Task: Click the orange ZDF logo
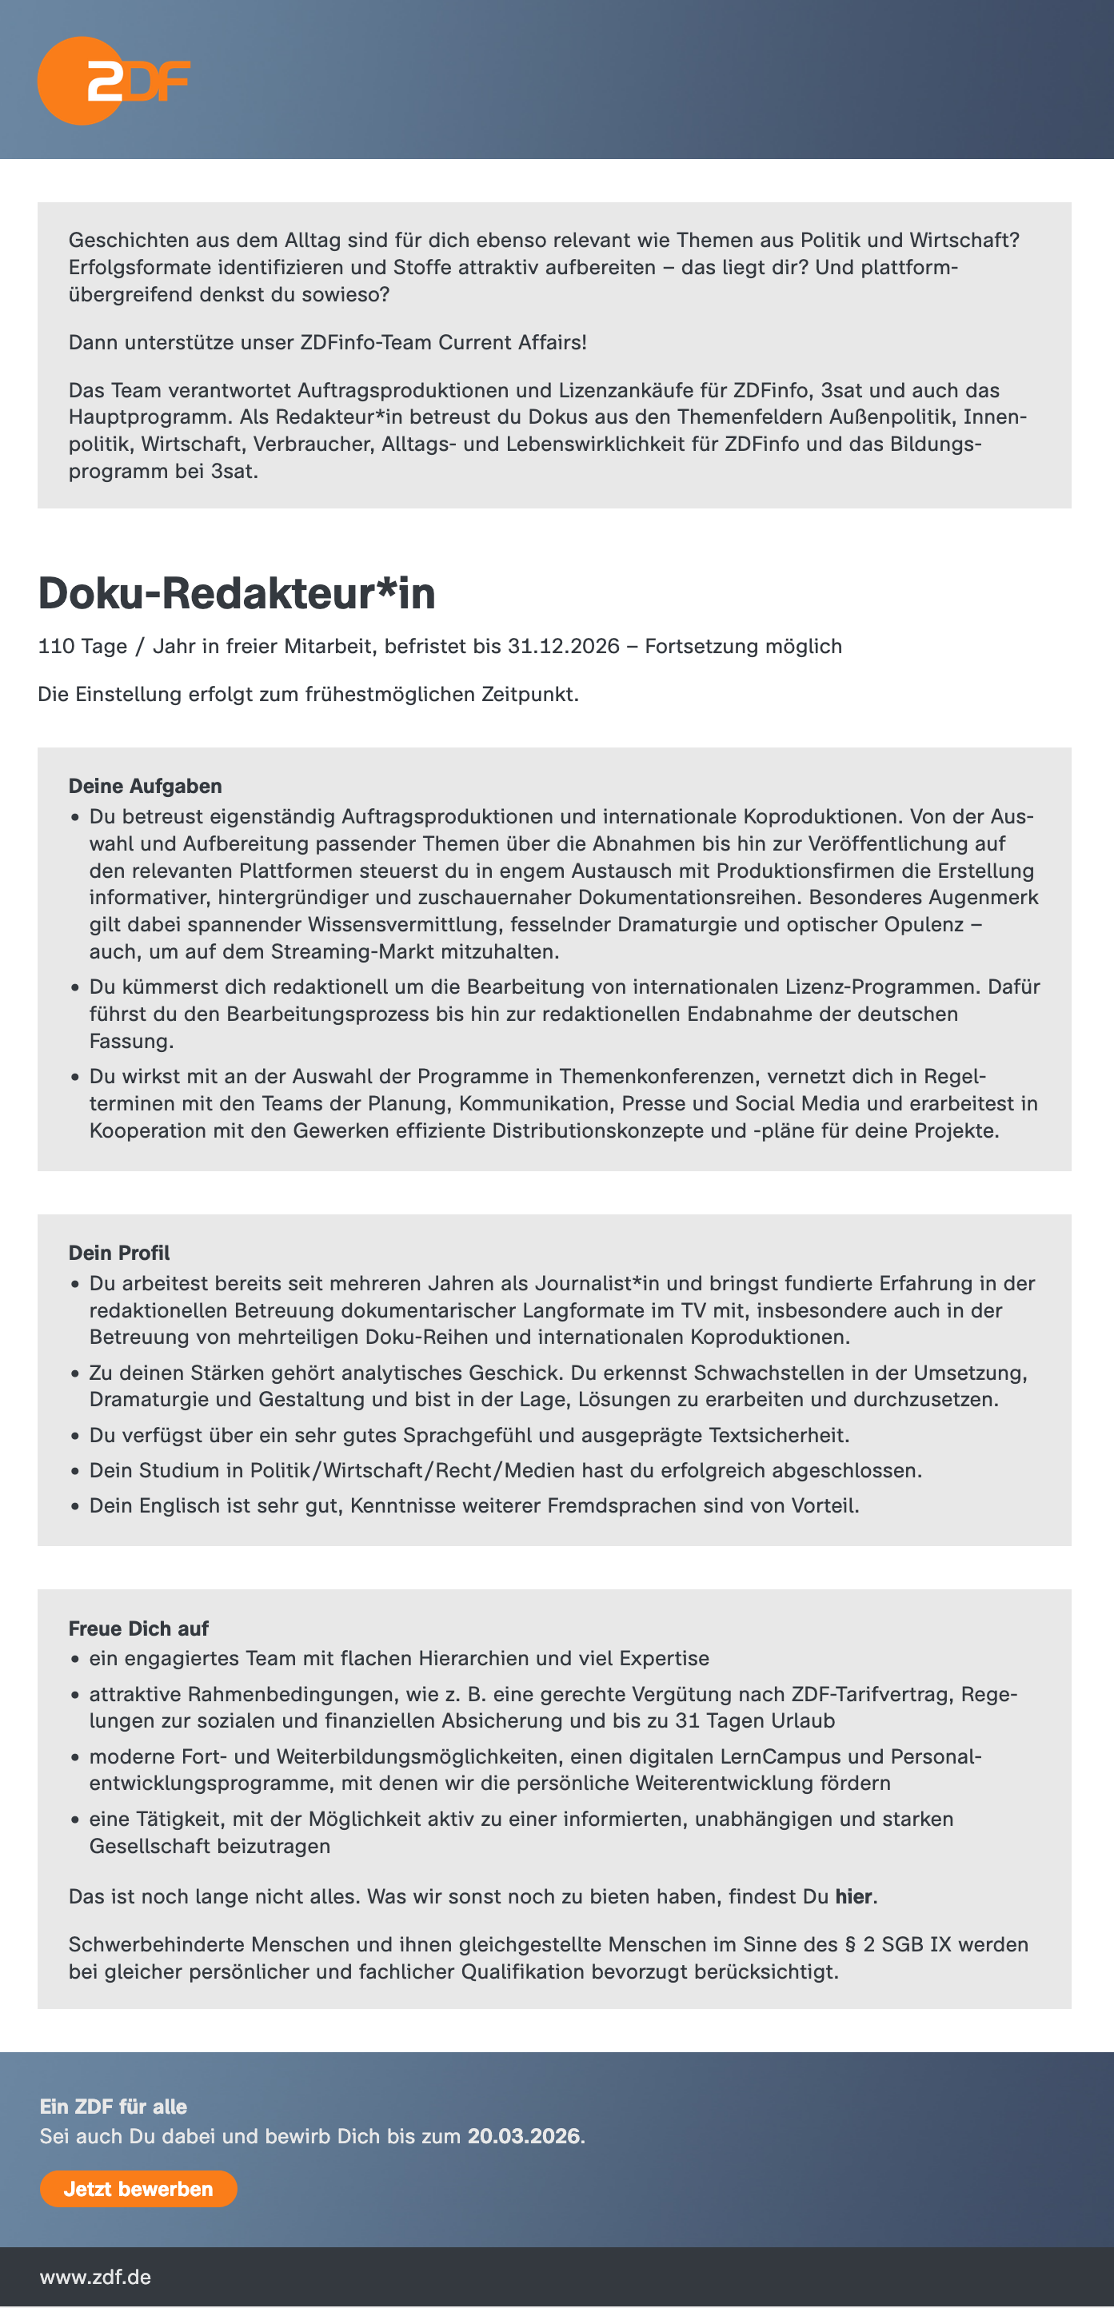114,81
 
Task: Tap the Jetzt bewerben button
138,2189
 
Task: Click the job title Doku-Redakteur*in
237,593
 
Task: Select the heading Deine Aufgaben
146,786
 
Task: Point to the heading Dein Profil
119,1253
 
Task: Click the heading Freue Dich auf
138,1628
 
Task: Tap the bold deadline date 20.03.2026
523,2136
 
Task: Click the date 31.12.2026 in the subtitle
564,646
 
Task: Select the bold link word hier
853,1897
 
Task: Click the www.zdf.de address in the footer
95,2277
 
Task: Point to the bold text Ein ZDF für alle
113,2107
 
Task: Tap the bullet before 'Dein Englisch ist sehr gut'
75,1507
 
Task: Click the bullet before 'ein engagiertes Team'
75,1660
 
